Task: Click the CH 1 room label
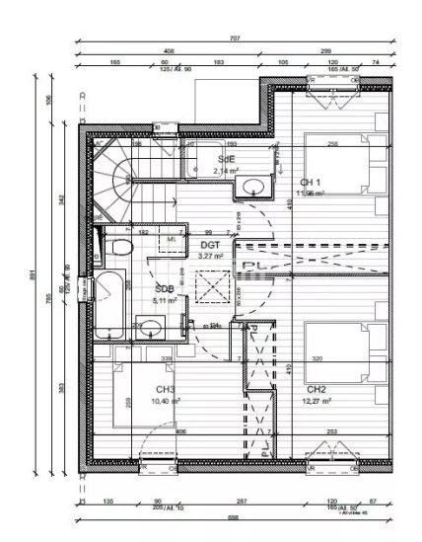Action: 312,183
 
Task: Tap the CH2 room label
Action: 316,389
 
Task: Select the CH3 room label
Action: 165,389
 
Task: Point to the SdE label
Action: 226,158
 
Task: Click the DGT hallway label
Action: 210,244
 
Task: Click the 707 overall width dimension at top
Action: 235,39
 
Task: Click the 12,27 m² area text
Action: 316,401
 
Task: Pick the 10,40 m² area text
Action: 165,401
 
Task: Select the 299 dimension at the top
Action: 325,50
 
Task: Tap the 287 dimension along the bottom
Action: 242,501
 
